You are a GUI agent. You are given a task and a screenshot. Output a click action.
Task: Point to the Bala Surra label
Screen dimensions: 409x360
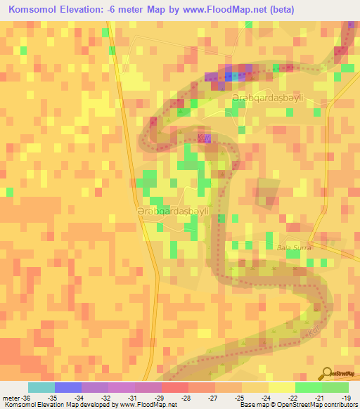point(294,248)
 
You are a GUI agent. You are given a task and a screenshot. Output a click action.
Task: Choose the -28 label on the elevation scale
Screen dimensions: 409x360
point(186,397)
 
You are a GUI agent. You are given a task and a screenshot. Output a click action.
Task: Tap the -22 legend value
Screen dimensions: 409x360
point(292,397)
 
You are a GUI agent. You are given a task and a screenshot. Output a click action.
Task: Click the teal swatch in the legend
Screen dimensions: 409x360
point(41,387)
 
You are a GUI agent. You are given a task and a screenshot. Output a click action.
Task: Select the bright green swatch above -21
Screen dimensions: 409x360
point(308,387)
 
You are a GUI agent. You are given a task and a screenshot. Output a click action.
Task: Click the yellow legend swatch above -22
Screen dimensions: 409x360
point(281,387)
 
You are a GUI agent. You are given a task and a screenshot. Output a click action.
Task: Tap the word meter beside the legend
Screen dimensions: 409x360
point(10,397)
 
